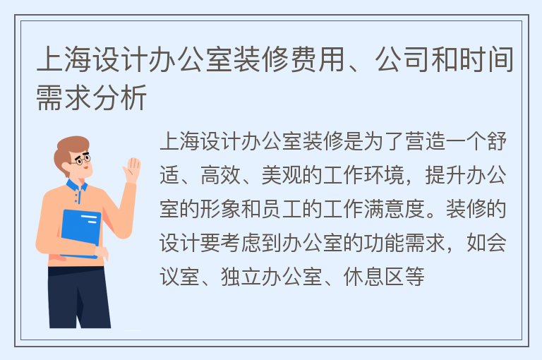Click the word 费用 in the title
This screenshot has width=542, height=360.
318,59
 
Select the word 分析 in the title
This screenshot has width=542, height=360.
119,97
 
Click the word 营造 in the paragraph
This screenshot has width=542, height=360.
425,141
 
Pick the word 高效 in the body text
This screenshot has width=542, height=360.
220,175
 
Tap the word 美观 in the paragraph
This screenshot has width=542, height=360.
282,175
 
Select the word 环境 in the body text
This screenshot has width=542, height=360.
384,175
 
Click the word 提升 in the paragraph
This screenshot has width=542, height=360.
445,175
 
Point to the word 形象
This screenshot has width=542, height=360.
220,209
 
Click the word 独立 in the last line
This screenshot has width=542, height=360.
241,277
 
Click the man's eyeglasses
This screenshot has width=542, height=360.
82,159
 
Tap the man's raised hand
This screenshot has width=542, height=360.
132,170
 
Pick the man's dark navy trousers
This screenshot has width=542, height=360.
80,297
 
